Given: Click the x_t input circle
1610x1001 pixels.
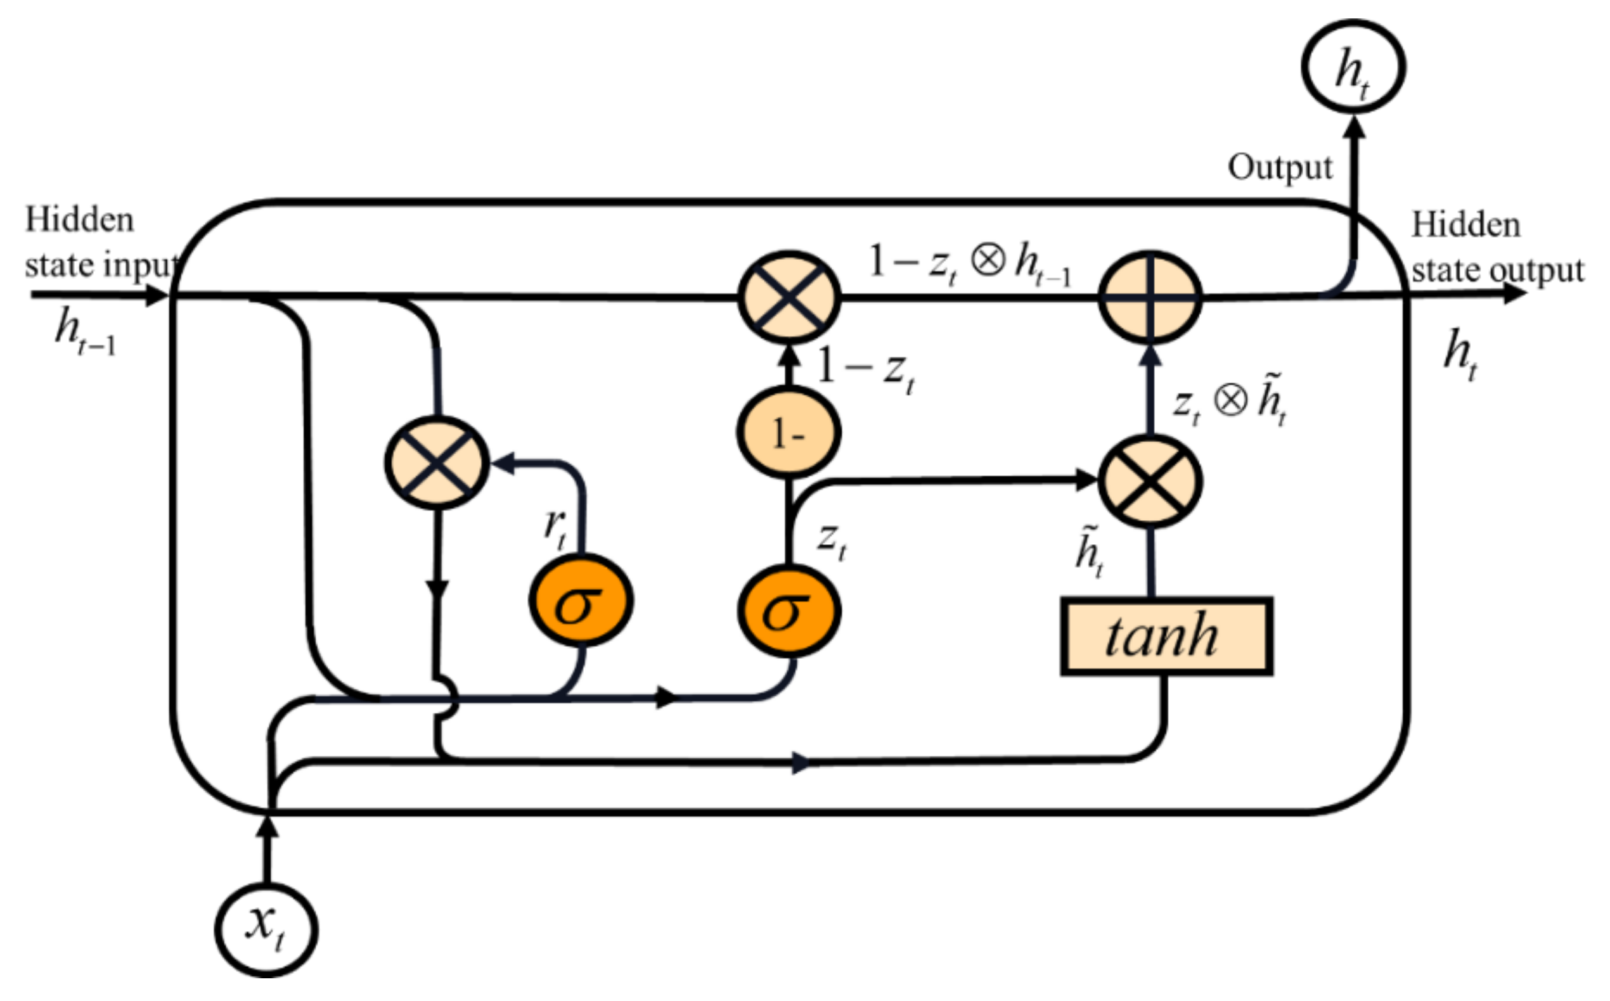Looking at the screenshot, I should click(x=266, y=929).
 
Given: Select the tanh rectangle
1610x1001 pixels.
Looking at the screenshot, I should click(x=1166, y=636).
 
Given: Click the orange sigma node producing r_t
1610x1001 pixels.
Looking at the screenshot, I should click(x=581, y=600).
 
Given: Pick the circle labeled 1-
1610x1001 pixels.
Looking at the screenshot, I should click(x=789, y=433).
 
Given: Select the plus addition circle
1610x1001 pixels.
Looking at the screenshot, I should click(x=1150, y=297).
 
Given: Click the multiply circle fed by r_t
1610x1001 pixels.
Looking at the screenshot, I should click(x=437, y=462).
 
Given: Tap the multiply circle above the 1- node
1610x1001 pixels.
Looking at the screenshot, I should click(x=789, y=297).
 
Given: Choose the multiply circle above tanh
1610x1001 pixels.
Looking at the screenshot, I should click(x=1150, y=481).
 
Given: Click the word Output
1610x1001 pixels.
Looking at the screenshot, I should click(x=1280, y=167).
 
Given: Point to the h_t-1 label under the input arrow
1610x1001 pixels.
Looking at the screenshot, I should click(x=85, y=333).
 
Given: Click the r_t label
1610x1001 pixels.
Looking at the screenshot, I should click(x=555, y=528).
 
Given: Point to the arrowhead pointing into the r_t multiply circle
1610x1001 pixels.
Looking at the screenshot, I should click(x=504, y=462).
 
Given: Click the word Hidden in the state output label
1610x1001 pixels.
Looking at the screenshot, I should click(x=1465, y=225).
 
